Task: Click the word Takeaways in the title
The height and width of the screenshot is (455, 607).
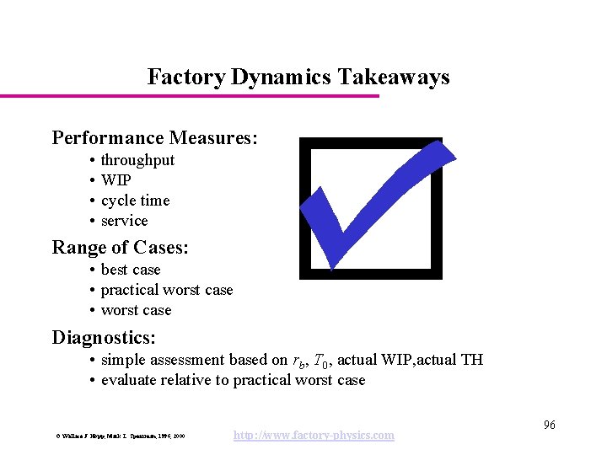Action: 394,78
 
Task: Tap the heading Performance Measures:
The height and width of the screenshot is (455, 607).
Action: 154,137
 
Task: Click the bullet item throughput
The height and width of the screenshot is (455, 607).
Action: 137,160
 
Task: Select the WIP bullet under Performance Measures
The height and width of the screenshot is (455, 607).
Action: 115,180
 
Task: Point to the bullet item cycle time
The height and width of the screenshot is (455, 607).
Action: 135,201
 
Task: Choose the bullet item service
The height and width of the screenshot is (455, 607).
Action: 124,221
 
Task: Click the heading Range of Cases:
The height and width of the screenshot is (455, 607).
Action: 120,248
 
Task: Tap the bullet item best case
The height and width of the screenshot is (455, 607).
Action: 130,270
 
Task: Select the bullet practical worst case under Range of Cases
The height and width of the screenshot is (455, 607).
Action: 166,290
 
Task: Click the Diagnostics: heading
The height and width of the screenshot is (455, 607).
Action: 104,338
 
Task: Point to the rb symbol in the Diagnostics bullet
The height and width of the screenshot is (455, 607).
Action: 299,361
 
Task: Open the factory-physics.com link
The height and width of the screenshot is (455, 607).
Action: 314,435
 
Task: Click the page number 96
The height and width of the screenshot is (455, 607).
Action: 549,425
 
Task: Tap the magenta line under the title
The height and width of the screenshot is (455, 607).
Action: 190,96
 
